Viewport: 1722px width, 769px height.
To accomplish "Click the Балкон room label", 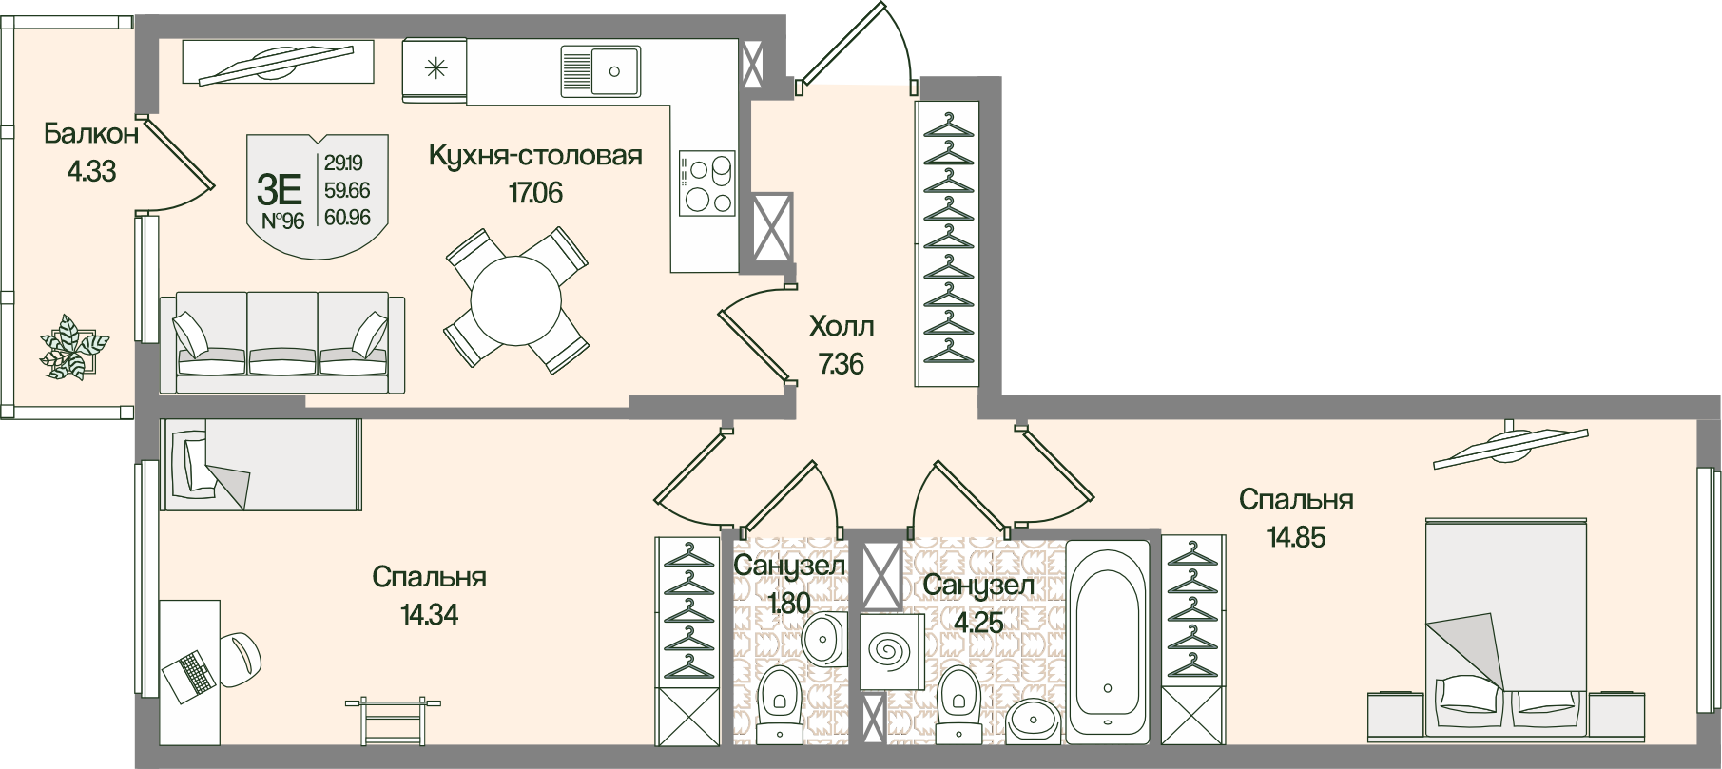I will pyautogui.click(x=91, y=134).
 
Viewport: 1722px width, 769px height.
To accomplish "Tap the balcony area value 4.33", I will pyautogui.click(x=91, y=172).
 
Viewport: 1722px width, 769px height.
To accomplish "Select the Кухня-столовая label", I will pyautogui.click(x=535, y=155).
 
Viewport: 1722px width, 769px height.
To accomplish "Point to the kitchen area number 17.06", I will pyautogui.click(x=535, y=193).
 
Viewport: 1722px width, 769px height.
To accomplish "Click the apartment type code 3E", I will pyautogui.click(x=280, y=191).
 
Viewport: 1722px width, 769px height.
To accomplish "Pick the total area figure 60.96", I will pyautogui.click(x=347, y=218).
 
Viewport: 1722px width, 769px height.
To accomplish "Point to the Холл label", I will pyautogui.click(x=841, y=327).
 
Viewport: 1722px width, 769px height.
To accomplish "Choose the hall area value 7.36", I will pyautogui.click(x=841, y=363).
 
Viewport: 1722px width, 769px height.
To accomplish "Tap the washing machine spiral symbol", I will pyautogui.click(x=892, y=651).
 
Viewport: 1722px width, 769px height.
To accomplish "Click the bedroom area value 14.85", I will pyautogui.click(x=1295, y=537).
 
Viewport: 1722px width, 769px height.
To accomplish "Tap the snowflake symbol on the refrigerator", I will pyautogui.click(x=435, y=67).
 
